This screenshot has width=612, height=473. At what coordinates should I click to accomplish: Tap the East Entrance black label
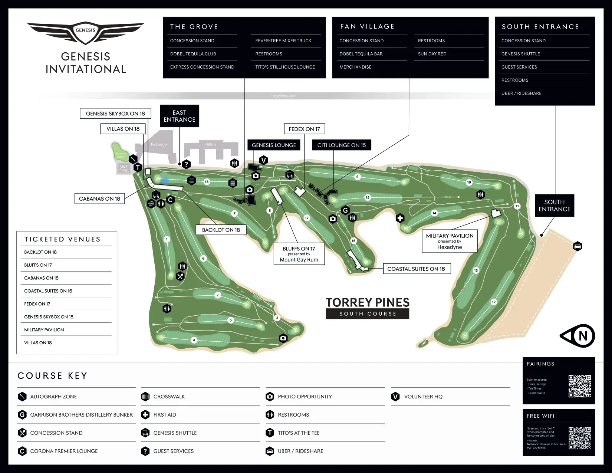pos(180,116)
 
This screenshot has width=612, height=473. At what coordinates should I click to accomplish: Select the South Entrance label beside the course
pos(554,206)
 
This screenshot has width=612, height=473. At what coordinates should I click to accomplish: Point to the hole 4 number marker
pos(194,340)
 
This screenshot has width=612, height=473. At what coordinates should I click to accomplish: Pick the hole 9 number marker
pos(357,177)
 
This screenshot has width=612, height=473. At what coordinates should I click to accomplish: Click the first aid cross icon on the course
pos(400,218)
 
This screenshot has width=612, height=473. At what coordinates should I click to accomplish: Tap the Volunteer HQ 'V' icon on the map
pos(263,160)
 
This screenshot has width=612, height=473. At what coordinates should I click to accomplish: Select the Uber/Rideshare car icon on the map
pos(578,246)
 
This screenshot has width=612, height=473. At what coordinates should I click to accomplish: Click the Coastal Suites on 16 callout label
pos(417,269)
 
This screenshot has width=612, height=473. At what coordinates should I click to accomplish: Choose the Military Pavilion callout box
pos(450,241)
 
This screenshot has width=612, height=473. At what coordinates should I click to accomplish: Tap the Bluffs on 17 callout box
pos(299,254)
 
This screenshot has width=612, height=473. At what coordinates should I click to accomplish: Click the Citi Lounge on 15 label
pos(341,145)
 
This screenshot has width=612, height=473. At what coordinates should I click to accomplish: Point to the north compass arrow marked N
pos(578,336)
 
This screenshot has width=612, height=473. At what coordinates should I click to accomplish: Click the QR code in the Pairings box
pos(580,386)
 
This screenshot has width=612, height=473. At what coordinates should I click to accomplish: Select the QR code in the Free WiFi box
pos(580,438)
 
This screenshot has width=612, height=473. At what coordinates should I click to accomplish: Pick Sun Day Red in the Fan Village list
pos(432,54)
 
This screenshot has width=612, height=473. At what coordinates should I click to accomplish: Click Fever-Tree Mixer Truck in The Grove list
pos(283,41)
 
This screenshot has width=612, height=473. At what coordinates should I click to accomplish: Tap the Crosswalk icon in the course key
pos(145,397)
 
